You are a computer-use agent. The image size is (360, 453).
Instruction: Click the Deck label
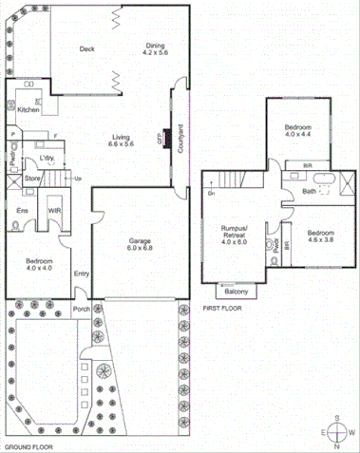[x=87, y=48]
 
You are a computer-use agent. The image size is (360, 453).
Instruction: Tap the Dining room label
[x=154, y=45]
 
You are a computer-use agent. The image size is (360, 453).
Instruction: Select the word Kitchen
[x=28, y=109]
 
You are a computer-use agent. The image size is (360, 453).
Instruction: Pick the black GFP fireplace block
[x=166, y=137]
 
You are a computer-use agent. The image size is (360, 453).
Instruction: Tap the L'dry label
[x=45, y=159]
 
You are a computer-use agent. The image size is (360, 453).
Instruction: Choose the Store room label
[x=32, y=178]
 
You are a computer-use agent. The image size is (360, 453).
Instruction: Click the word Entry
[x=81, y=274]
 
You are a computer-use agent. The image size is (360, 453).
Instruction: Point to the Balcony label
[x=231, y=292]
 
